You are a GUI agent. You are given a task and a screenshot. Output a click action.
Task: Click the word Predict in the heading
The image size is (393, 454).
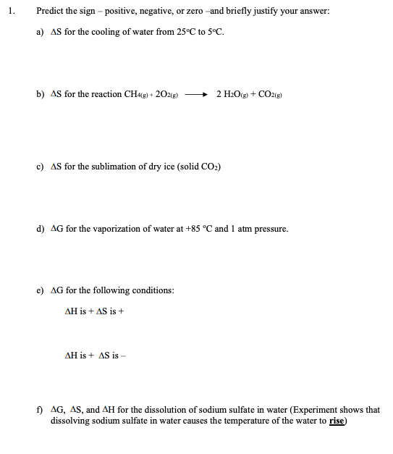tap(51, 12)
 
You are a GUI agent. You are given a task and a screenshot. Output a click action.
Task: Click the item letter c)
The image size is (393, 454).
tap(41, 167)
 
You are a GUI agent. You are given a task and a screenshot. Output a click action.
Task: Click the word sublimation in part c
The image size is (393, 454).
tap(108, 167)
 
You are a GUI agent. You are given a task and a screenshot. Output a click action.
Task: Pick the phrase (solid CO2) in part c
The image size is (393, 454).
tap(194, 167)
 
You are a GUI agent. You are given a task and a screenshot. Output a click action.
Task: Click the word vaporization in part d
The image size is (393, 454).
tap(109, 229)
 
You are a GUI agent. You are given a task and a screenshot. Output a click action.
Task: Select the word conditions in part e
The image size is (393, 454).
tap(146, 290)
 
